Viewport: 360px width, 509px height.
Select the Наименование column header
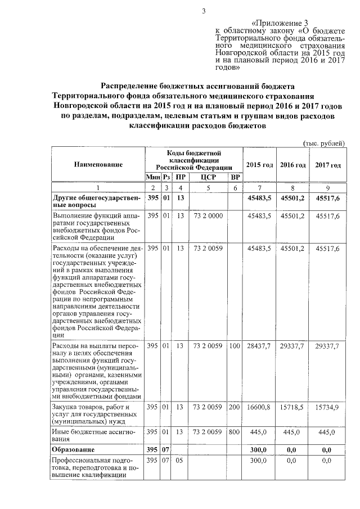coord(97,165)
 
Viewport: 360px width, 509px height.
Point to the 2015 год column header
coord(259,165)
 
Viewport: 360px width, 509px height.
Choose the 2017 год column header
coord(327,165)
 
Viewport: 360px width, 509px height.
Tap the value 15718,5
coord(292,406)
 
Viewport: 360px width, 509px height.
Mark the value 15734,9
coord(327,406)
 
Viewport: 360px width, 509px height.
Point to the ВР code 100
coord(235,346)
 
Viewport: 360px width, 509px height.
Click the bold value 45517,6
coord(327,198)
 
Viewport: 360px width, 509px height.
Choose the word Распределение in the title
coord(133,86)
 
